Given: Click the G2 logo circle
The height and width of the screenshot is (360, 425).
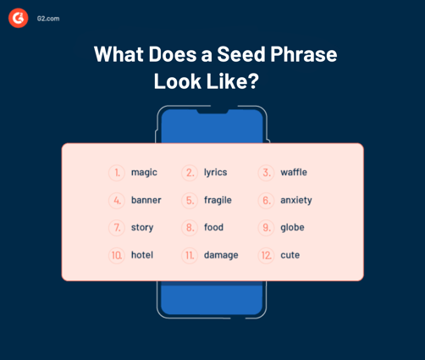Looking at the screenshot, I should click(19, 18).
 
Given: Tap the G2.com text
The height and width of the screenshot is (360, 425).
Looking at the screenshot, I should click(48, 18).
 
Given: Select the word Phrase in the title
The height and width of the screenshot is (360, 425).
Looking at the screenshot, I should click(301, 55).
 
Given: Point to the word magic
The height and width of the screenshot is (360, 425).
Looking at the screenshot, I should click(144, 173).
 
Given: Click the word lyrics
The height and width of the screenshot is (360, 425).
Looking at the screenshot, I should click(215, 173).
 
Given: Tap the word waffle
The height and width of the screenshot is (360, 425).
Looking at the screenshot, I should click(294, 173).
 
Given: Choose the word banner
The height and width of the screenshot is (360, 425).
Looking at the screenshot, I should click(146, 201).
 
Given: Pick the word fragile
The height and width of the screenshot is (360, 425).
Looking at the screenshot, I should click(218, 201).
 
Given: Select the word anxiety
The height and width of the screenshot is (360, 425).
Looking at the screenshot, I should click(296, 201).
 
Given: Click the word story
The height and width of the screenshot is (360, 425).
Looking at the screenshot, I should click(142, 228).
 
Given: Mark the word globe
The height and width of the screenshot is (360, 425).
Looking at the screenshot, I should click(292, 228).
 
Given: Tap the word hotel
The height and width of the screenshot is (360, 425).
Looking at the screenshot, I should click(142, 255).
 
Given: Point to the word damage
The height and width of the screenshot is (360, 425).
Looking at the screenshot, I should click(221, 255).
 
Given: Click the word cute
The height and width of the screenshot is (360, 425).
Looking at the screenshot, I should click(290, 255).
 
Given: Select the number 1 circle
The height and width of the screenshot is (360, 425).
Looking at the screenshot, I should click(117, 173).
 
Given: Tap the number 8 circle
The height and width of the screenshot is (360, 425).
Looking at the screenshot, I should click(190, 228).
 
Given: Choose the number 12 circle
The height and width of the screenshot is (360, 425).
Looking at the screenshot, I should click(266, 255).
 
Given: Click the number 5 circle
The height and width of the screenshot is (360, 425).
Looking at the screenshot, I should click(190, 201).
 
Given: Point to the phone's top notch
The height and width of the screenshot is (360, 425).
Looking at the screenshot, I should click(212, 110).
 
